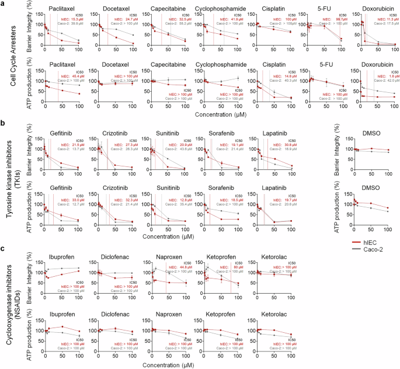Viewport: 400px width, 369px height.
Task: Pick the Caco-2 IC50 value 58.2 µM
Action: (x=186, y=23)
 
